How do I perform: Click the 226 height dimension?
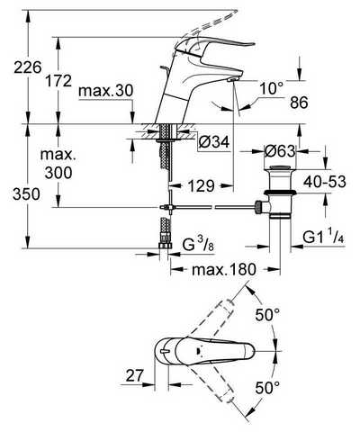click(28, 67)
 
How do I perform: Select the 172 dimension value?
click(58, 81)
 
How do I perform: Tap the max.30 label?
click(105, 91)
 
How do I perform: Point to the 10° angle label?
click(272, 89)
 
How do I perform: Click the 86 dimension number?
click(299, 103)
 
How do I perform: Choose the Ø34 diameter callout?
click(214, 142)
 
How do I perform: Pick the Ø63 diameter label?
click(280, 151)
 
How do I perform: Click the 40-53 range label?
click(325, 182)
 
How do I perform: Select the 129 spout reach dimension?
click(202, 186)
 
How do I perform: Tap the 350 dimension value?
click(26, 194)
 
